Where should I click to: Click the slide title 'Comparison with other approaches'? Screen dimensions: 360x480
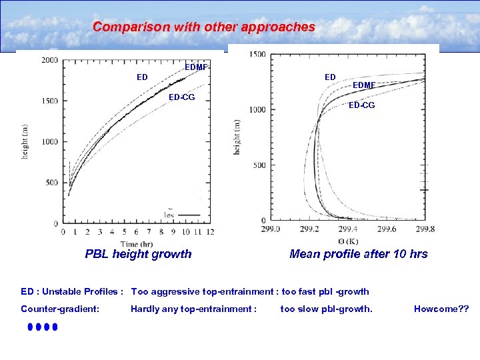tap(204, 27)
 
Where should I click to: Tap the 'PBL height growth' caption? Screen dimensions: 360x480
tap(138, 254)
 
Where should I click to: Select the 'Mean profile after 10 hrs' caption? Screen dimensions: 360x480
tap(359, 254)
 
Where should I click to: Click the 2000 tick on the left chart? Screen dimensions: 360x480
tap(49, 61)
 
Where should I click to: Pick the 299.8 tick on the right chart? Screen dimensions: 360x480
tap(425, 229)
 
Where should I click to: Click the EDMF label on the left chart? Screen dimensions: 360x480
tap(197, 67)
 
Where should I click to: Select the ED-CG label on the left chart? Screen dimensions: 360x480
tap(181, 97)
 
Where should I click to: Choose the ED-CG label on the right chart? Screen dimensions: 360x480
tap(362, 105)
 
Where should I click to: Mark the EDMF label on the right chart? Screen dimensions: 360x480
tap(364, 85)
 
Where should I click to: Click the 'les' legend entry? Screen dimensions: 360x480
tap(169, 215)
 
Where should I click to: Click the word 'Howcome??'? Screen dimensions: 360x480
tap(441, 309)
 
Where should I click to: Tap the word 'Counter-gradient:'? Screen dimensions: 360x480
tap(61, 309)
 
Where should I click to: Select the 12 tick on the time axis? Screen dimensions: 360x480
tap(211, 232)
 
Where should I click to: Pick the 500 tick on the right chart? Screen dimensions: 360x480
tap(259, 165)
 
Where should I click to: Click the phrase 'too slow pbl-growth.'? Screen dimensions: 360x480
tap(326, 309)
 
